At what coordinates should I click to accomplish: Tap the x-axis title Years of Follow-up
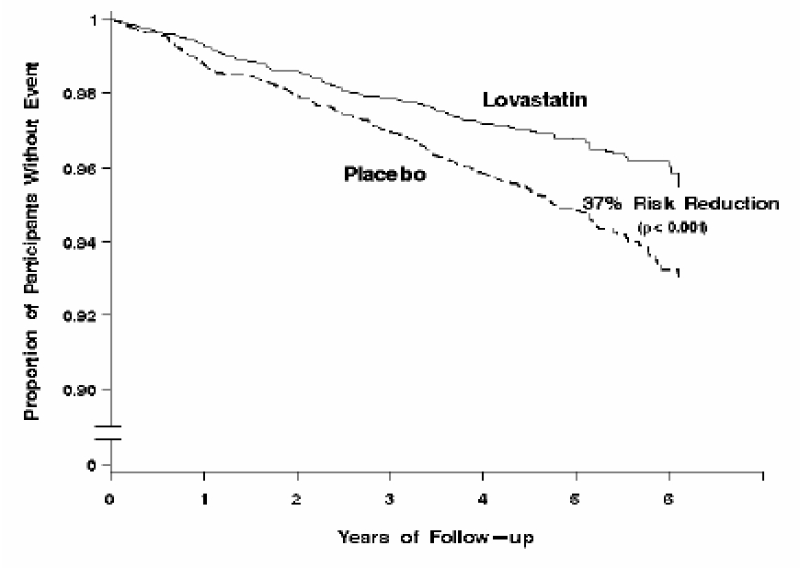434,536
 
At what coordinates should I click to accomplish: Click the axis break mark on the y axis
110,433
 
